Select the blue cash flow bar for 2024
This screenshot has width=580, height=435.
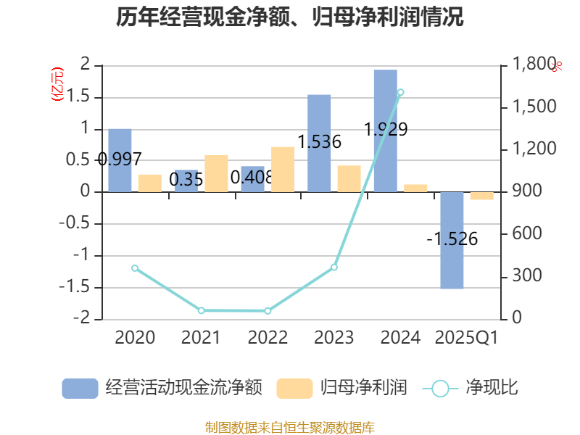(x=385, y=130)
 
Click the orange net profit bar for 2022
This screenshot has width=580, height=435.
(x=282, y=169)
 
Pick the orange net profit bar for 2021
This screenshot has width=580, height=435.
(x=216, y=173)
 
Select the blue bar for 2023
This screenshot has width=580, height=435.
(x=319, y=143)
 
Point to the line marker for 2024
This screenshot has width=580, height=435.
(x=401, y=92)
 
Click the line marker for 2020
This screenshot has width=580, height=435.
(x=135, y=268)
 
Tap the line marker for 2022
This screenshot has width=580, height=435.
(x=268, y=311)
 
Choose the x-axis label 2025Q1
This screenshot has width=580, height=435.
(x=466, y=338)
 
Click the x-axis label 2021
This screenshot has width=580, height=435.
(x=201, y=338)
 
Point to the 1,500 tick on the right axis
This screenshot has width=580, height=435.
(x=534, y=107)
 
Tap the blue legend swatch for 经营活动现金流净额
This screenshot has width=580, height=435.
(x=80, y=389)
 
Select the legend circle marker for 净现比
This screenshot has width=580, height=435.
(x=440, y=389)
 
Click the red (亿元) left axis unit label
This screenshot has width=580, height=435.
(x=57, y=84)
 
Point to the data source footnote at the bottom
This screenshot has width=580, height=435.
(x=289, y=427)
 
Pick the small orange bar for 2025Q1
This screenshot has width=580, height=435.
(x=481, y=196)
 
